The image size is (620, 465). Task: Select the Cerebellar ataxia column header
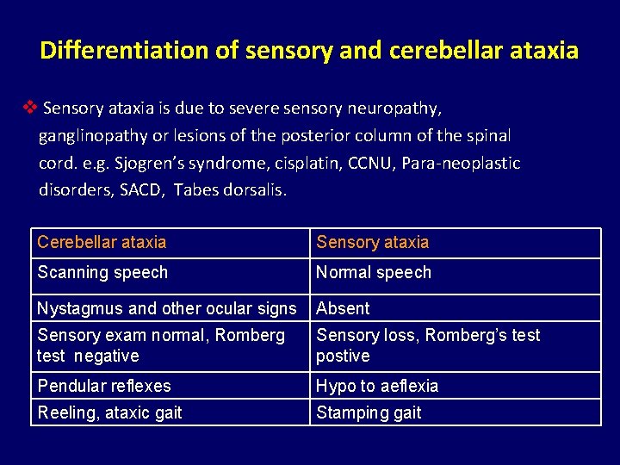[x=102, y=243]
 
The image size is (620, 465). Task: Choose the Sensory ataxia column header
[x=372, y=243]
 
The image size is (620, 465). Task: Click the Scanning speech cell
[x=102, y=272]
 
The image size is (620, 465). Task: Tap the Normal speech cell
[x=374, y=272]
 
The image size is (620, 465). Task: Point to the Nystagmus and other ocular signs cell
[x=166, y=308]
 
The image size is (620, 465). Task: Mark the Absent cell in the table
[x=343, y=308]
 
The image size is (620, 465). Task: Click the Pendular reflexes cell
[x=104, y=386]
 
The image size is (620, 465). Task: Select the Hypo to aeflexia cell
[x=377, y=386]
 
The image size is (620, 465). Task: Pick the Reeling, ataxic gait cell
[x=109, y=412]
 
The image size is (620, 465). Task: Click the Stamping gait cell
[x=369, y=412]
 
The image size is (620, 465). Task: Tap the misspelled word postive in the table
[x=343, y=356]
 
